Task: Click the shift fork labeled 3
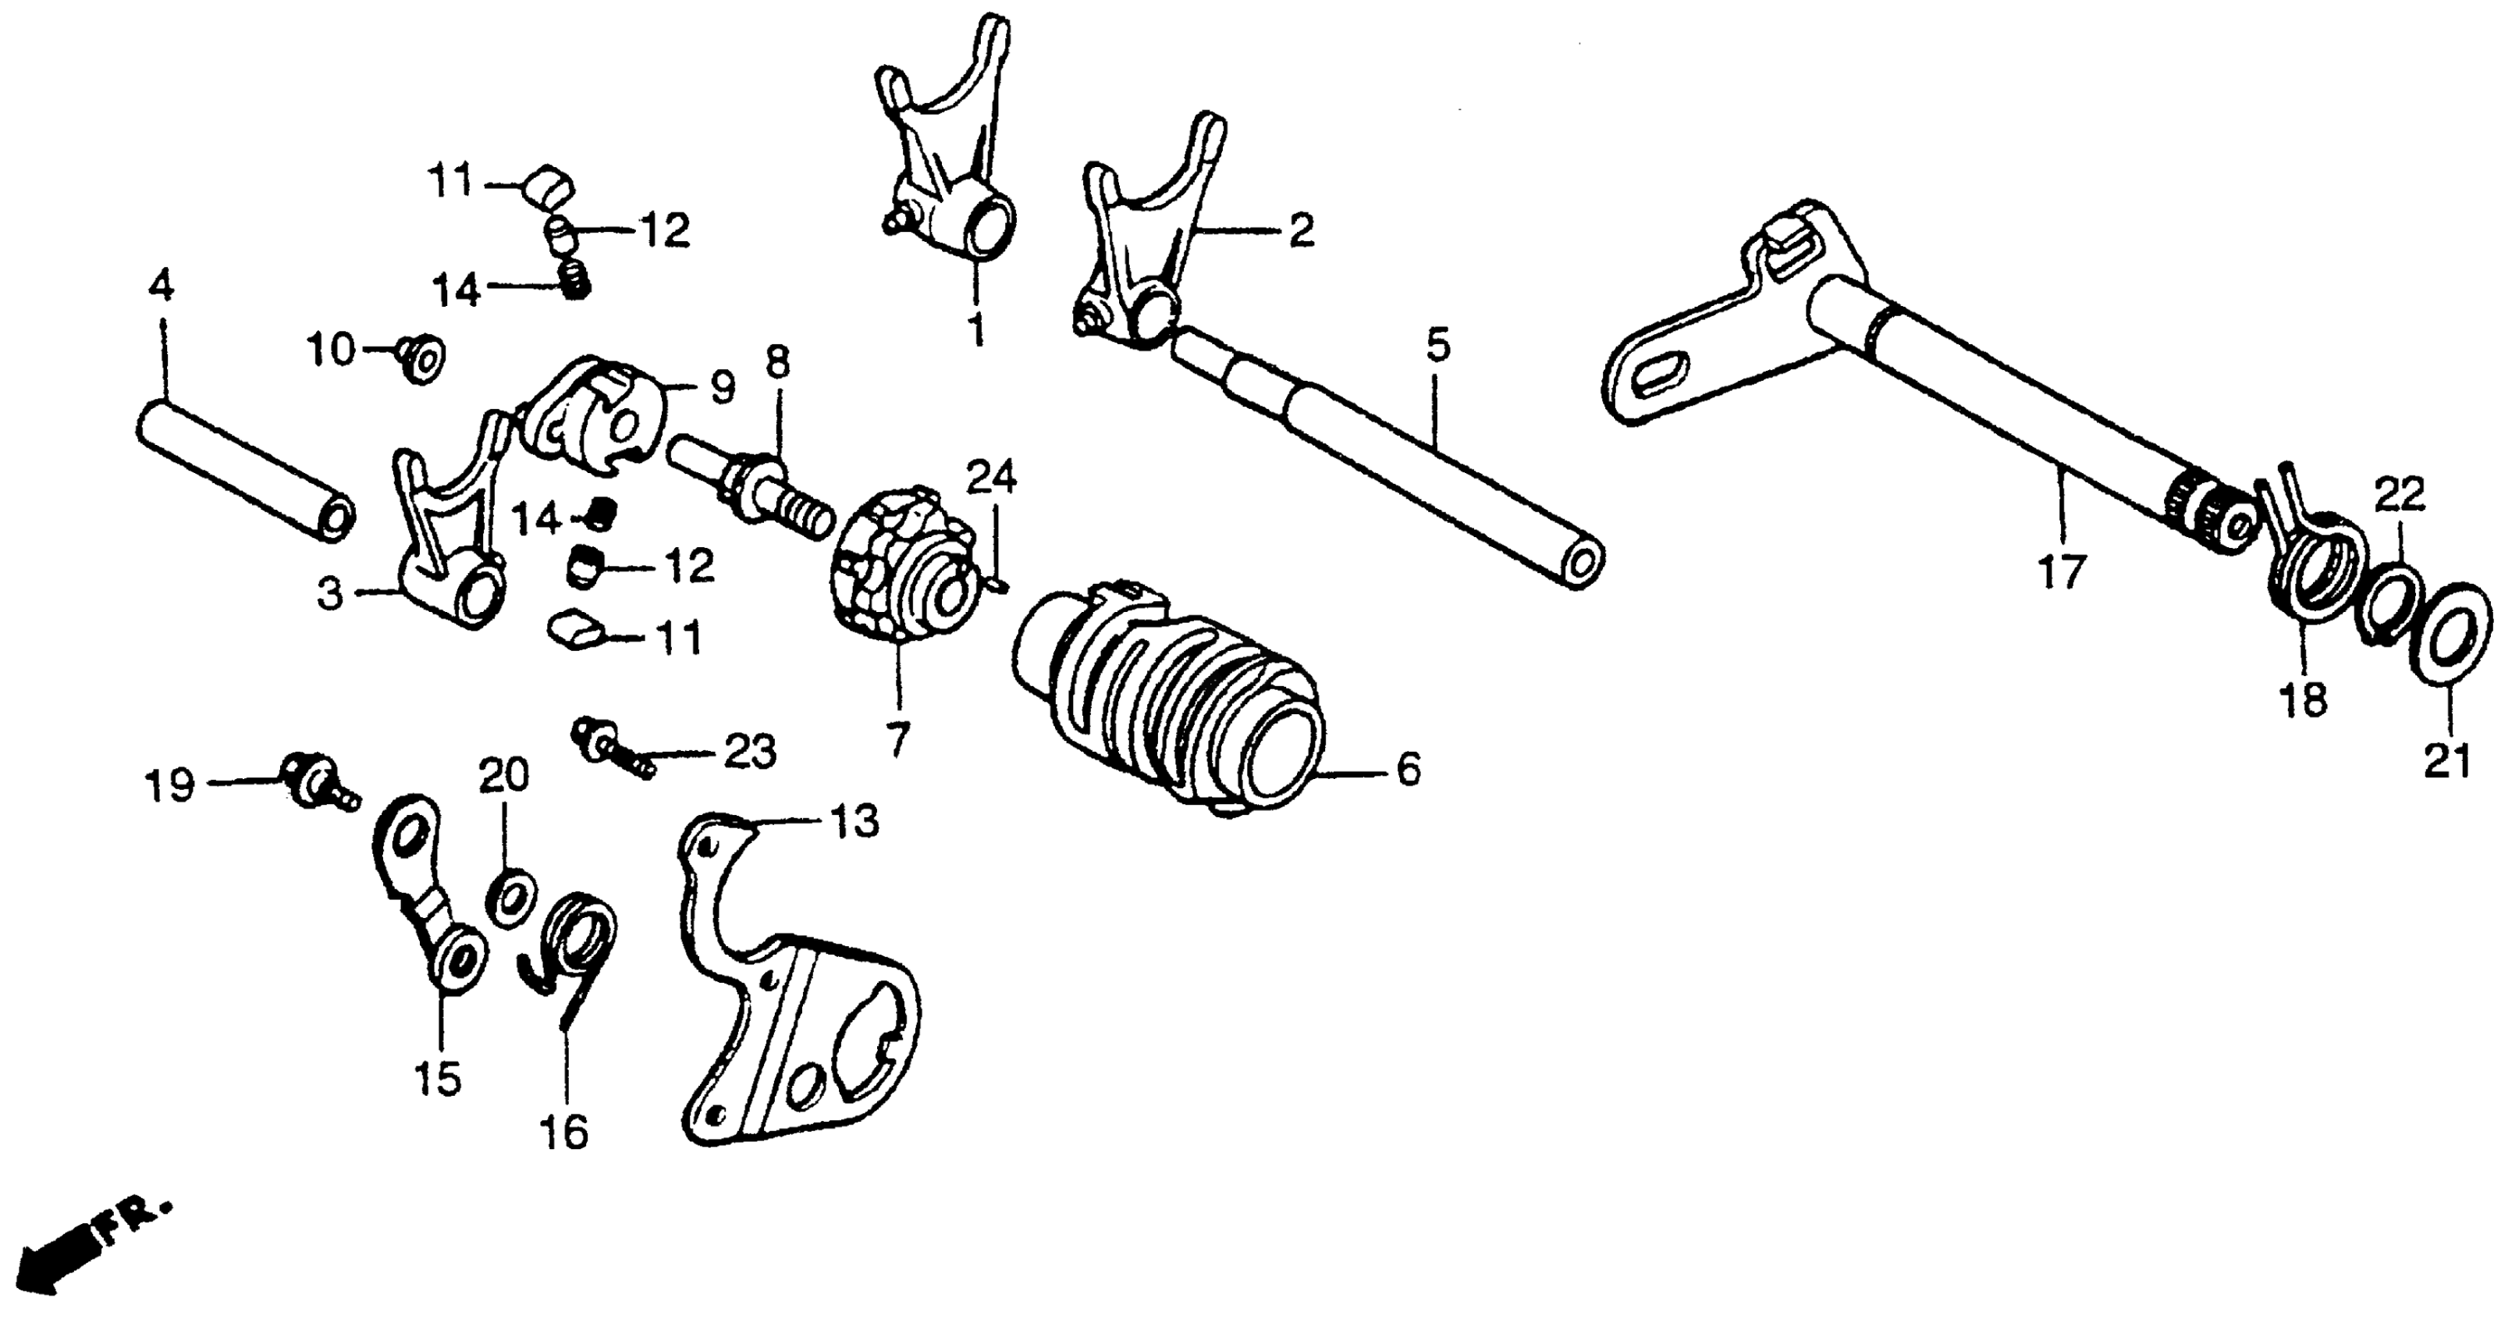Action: [449, 548]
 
